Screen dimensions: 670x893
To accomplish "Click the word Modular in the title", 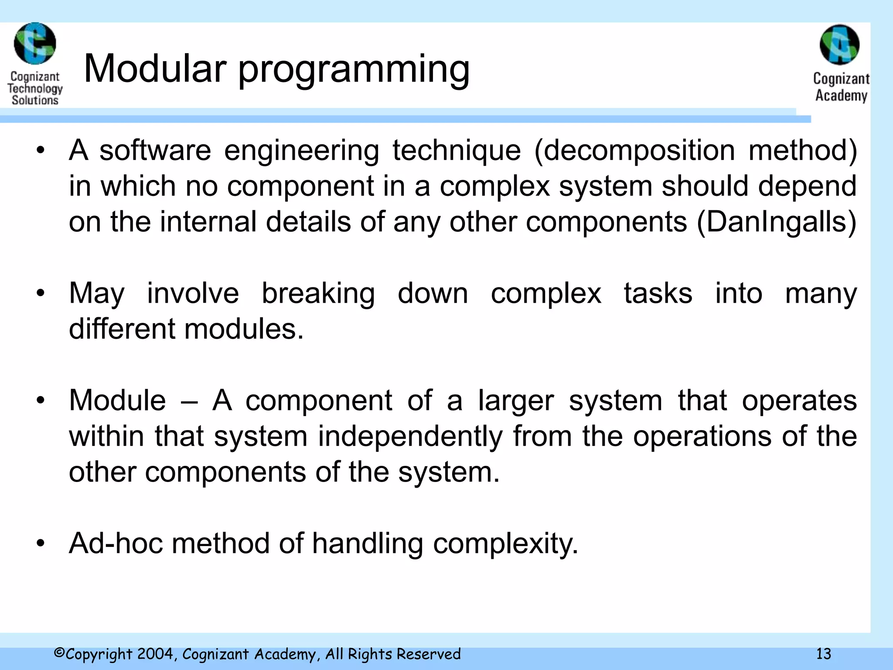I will pyautogui.click(x=155, y=68).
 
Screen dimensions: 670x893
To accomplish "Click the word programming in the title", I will pyautogui.click(x=354, y=70).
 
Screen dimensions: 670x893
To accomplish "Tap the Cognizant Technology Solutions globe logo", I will pyautogui.click(x=35, y=44).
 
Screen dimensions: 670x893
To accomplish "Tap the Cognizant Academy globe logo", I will pyautogui.click(x=839, y=44).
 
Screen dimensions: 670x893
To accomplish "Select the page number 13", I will pyautogui.click(x=823, y=654).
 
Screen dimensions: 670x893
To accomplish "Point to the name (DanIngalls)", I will pyautogui.click(x=777, y=222).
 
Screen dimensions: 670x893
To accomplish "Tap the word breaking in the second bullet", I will pyautogui.click(x=318, y=293).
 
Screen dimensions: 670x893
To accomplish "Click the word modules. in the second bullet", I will pyautogui.click(x=244, y=329).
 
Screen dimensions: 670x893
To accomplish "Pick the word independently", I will pyautogui.click(x=410, y=436).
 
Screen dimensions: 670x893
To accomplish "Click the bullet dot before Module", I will pyautogui.click(x=41, y=400).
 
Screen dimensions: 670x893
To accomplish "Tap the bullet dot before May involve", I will pyautogui.click(x=41, y=293).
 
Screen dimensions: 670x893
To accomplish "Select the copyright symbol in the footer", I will pyautogui.click(x=59, y=653).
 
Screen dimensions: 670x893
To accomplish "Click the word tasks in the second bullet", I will pyautogui.click(x=658, y=293).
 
